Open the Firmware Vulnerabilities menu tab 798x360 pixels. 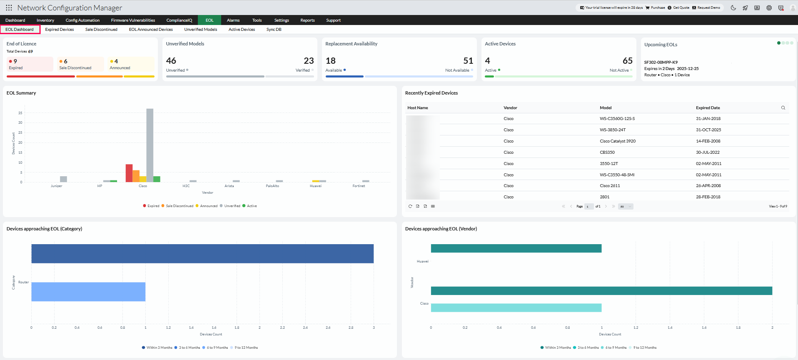pyautogui.click(x=133, y=20)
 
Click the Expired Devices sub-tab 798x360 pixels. pyautogui.click(x=60, y=30)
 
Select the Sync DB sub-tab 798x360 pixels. pyautogui.click(x=274, y=30)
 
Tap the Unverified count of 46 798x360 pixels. pyautogui.click(x=171, y=61)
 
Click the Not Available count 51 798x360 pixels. pyautogui.click(x=468, y=61)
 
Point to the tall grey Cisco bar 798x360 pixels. pyautogui.click(x=150, y=142)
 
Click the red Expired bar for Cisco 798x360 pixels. pyautogui.click(x=129, y=173)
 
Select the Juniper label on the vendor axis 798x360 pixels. pyautogui.click(x=56, y=186)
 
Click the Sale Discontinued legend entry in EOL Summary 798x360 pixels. pyautogui.click(x=179, y=206)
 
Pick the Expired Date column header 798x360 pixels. pyautogui.click(x=708, y=108)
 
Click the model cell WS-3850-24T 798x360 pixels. pyautogui.click(x=613, y=130)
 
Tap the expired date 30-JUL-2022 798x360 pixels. pyautogui.click(x=708, y=152)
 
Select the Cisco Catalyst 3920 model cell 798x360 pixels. pyautogui.click(x=618, y=141)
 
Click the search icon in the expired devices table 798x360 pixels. pyautogui.click(x=783, y=108)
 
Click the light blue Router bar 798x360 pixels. pyautogui.click(x=88, y=292)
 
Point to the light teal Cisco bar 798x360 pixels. pyautogui.click(x=516, y=307)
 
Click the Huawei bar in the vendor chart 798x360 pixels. pyautogui.click(x=516, y=248)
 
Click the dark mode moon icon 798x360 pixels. pyautogui.click(x=733, y=7)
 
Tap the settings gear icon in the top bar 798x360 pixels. pyautogui.click(x=769, y=7)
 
